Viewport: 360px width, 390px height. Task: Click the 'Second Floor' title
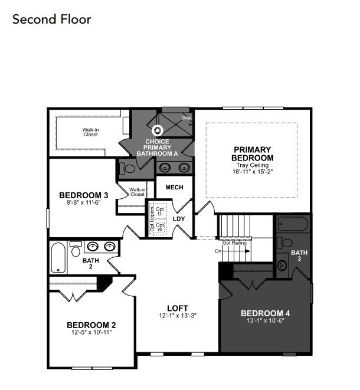click(52, 19)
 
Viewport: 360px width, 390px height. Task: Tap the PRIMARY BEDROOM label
click(253, 153)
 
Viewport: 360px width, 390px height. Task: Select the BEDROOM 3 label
click(83, 195)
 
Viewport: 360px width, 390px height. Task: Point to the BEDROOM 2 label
click(91, 325)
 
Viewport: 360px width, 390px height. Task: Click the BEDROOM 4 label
click(265, 313)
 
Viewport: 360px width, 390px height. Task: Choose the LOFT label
click(178, 307)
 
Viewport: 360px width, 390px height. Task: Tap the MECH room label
click(174, 188)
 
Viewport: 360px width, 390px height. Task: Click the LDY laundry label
click(179, 219)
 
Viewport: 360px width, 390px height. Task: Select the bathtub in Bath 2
click(58, 257)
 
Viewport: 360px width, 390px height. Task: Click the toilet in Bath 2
click(76, 250)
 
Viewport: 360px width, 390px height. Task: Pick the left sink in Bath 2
click(93, 247)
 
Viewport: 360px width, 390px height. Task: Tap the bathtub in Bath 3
click(292, 225)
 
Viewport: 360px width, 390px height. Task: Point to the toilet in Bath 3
click(287, 242)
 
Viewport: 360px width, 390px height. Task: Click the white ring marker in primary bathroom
click(158, 131)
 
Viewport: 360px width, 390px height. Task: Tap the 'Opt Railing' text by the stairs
click(234, 242)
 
